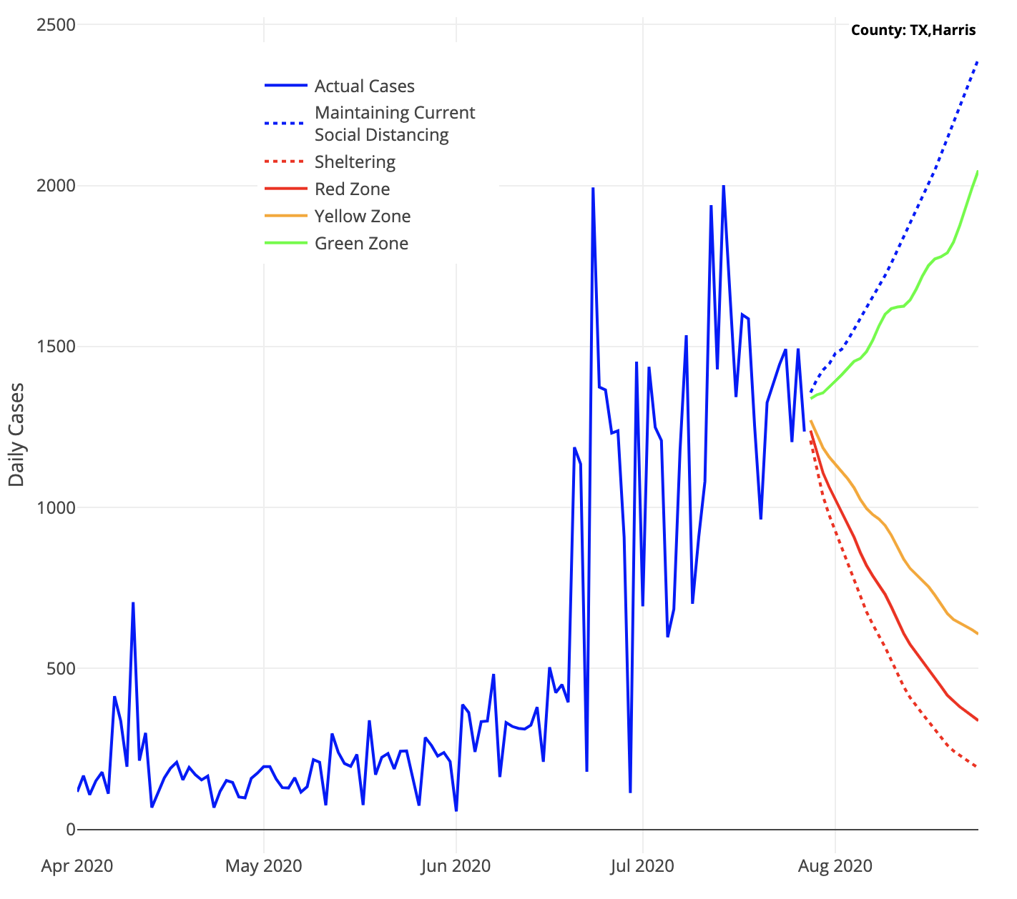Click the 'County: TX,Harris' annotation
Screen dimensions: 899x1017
point(913,30)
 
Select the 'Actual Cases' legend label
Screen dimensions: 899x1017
point(364,86)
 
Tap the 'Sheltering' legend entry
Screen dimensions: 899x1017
point(355,162)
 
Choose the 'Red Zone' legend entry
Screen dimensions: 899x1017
point(352,189)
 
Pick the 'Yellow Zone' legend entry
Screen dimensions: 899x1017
point(363,217)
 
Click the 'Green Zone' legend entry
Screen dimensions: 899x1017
point(361,244)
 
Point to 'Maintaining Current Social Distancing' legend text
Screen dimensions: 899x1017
point(394,124)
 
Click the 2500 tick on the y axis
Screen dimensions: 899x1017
point(56,25)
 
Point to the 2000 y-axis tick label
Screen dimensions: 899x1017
point(56,186)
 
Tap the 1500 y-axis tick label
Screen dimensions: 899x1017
point(56,347)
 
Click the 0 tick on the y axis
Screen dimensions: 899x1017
point(70,830)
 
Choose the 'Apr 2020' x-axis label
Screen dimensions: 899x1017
point(77,866)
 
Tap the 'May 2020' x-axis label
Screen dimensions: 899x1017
point(263,866)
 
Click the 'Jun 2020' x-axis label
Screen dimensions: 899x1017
point(456,866)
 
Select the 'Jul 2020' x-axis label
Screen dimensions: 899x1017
point(642,866)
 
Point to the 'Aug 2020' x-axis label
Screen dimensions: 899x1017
point(835,866)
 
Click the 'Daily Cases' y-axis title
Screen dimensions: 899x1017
point(16,434)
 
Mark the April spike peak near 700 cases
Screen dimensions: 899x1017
point(133,603)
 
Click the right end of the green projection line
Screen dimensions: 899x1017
point(977,172)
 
